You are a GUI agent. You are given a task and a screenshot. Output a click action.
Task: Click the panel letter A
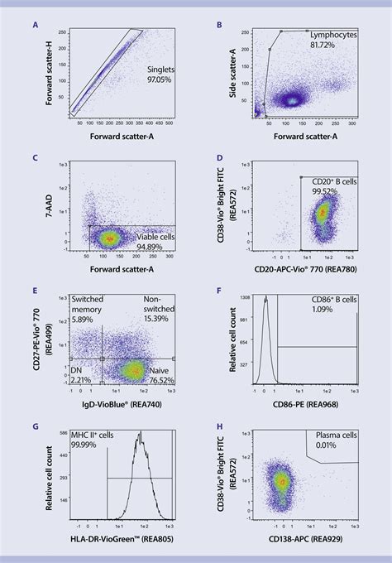35,26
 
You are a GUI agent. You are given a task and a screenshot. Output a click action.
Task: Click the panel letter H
218,428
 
